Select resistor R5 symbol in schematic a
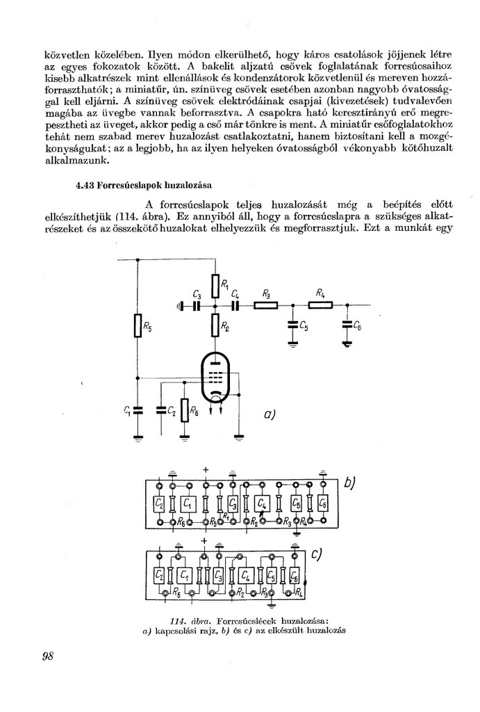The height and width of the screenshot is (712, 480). pos(138,326)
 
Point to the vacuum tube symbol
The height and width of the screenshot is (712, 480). pos(216,377)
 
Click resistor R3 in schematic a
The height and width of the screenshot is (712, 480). pos(266,305)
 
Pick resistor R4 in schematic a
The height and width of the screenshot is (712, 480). pos(320,305)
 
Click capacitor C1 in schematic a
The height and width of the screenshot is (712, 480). pos(138,411)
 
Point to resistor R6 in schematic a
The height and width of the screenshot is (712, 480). pos(184,411)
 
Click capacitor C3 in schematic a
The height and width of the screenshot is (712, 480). pos(197,305)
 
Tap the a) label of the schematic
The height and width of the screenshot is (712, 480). pos(271,414)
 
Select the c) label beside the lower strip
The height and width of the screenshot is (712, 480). pos(317,553)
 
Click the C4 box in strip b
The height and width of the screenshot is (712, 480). pos(263,503)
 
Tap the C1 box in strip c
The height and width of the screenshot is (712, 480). pos(185,575)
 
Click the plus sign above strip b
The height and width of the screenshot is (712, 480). pos(206,470)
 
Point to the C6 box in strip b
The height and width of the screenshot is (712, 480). pos(322,503)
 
